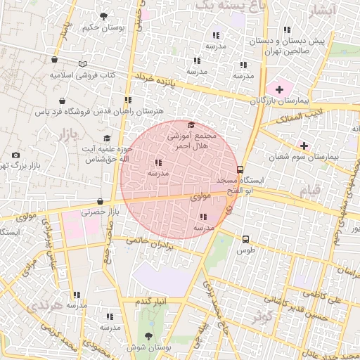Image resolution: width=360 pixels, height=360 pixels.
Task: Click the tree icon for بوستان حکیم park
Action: point(104,15)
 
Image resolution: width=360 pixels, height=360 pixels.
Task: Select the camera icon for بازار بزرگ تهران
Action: point(15,155)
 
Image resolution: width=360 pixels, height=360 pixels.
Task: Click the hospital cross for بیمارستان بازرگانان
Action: point(280,89)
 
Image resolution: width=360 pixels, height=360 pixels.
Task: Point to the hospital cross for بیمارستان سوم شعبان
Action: point(304,145)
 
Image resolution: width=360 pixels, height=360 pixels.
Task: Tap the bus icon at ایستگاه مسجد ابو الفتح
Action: point(240,169)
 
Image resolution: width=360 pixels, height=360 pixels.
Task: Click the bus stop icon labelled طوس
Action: point(245,239)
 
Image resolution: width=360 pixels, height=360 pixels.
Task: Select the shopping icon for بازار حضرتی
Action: point(101,201)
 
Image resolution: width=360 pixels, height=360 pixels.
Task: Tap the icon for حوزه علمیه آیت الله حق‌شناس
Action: point(107,139)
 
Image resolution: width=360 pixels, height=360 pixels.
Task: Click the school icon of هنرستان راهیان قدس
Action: point(127,100)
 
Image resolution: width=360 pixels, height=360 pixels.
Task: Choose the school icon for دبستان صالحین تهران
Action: point(287,30)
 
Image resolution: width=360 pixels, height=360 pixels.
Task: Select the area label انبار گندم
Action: point(152,301)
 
